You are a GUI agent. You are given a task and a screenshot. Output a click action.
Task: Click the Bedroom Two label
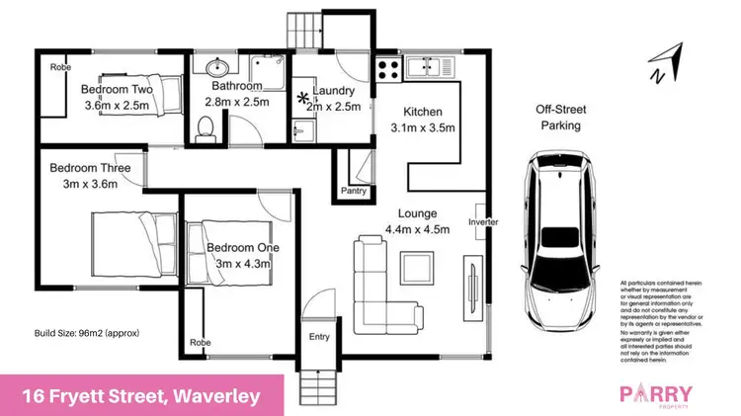116,87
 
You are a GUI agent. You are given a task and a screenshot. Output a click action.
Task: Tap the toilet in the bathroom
206,128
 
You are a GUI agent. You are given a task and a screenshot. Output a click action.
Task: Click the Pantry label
354,190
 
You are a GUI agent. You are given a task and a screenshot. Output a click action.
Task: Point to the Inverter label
483,222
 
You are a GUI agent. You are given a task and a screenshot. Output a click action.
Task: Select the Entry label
319,337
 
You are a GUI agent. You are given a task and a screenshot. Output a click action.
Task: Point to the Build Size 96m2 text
87,333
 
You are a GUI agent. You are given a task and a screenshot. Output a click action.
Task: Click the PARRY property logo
656,395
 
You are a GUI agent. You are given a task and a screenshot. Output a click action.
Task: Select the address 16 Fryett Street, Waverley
141,396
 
